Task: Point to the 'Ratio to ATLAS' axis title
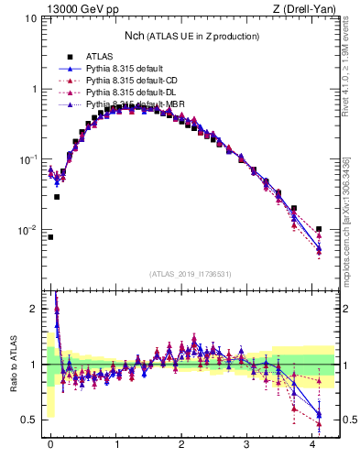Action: click(x=12, y=364)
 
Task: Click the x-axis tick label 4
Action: click(x=312, y=444)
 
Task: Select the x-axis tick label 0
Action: click(x=50, y=444)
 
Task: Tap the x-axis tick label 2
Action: click(x=181, y=444)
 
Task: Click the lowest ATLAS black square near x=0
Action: click(x=50, y=237)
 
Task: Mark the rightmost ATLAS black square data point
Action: click(x=319, y=229)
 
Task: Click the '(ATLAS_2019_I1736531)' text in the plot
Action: click(x=189, y=274)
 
